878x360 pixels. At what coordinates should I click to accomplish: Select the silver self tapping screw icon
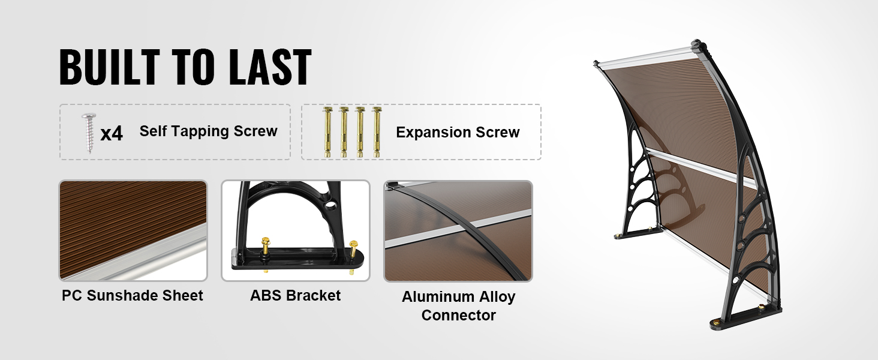tap(89, 133)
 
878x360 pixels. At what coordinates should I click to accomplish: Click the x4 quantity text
tap(112, 134)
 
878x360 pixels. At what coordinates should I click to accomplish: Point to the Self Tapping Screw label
tap(209, 131)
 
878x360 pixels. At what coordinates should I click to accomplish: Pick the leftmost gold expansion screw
tap(327, 132)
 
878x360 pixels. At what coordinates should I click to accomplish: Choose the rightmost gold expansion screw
tap(377, 132)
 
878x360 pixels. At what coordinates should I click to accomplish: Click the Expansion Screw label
tap(458, 132)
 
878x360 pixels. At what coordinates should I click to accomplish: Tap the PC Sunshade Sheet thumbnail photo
tap(133, 230)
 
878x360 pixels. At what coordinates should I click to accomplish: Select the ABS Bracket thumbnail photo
tap(296, 230)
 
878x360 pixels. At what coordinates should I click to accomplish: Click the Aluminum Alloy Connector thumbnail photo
tap(458, 231)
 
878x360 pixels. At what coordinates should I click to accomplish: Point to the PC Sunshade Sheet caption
tap(133, 295)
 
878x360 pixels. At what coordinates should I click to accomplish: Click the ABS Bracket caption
tap(296, 295)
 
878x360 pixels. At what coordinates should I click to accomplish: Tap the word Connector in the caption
tap(459, 315)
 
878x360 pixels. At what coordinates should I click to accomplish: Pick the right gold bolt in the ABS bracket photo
tap(353, 255)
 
